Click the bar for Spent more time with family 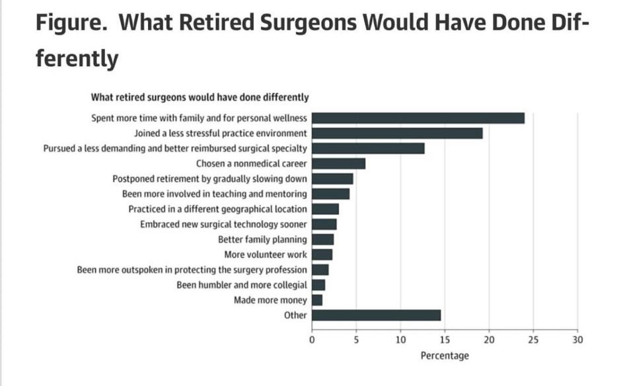click(418, 118)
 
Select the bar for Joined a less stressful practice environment click(397, 134)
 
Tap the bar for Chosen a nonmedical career click(338, 163)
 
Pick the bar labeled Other click(376, 315)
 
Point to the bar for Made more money click(317, 300)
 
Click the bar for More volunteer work click(322, 254)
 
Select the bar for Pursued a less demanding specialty click(368, 148)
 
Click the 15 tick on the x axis click(445, 340)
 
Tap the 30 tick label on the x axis click(577, 340)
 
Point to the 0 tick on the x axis click(312, 340)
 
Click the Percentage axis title click(445, 356)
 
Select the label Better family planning click(262, 239)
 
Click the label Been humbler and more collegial click(242, 285)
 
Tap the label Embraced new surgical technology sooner click(223, 224)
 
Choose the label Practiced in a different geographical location click(217, 209)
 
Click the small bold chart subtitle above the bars click(200, 97)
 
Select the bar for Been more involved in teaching click(330, 194)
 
